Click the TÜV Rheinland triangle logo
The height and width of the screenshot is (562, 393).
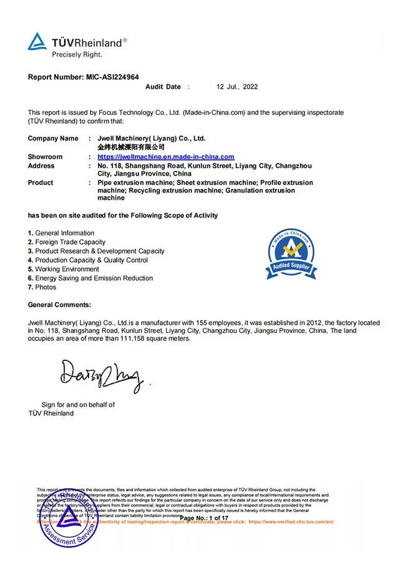(37, 42)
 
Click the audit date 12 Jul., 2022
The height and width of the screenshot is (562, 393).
(237, 87)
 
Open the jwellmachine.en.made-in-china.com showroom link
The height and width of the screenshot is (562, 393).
(166, 157)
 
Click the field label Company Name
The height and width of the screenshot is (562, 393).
(53, 138)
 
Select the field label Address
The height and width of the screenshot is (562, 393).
(41, 165)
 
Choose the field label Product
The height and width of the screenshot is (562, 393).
(41, 182)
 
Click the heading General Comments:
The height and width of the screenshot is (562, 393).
(59, 305)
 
